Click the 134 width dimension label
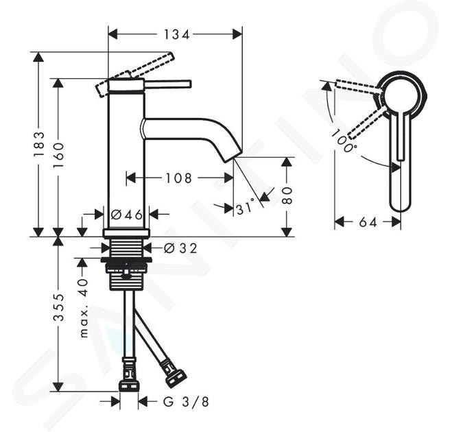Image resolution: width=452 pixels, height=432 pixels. coord(177,35)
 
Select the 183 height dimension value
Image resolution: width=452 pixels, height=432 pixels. coord(38,144)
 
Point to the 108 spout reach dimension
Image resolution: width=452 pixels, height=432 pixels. coord(178,178)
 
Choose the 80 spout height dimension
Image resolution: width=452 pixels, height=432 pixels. coord(287,195)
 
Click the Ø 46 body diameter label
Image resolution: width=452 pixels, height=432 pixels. coord(127,215)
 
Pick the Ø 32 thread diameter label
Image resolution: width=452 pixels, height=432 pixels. coord(180,248)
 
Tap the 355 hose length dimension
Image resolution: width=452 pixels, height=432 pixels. coord(58,307)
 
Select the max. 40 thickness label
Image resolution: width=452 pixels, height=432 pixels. coord(84,308)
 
